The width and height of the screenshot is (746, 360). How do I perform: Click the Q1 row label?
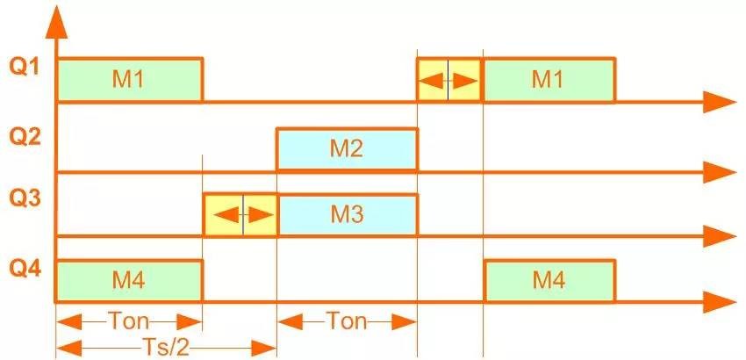pyautogui.click(x=24, y=68)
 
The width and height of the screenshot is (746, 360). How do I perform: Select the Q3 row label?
pyautogui.click(x=24, y=201)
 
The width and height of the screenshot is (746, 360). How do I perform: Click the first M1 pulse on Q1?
pyautogui.click(x=129, y=80)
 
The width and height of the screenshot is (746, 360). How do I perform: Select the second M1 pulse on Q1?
pyautogui.click(x=549, y=80)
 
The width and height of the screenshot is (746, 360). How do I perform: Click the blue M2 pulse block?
pyautogui.click(x=347, y=149)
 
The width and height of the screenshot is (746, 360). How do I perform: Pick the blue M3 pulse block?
pyautogui.click(x=347, y=214)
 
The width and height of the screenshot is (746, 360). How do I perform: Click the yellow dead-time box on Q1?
pyautogui.click(x=448, y=80)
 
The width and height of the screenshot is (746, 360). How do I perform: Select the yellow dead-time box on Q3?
pyautogui.click(x=240, y=214)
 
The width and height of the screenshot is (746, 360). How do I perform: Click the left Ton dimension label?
pyautogui.click(x=129, y=320)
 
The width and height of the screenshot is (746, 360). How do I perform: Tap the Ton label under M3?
pyautogui.click(x=347, y=320)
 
